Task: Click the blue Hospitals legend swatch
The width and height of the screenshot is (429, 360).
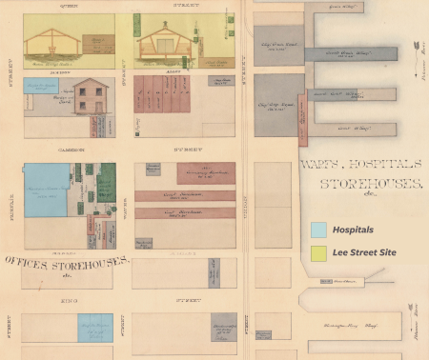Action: pos(318,230)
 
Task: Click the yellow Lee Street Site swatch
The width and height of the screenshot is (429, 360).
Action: pos(318,252)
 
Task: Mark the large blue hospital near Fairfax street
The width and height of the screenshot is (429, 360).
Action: pos(48,190)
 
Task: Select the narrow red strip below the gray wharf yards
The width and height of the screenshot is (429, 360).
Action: pos(302,120)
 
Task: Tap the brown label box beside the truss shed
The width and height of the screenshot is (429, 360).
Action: pos(97,44)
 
